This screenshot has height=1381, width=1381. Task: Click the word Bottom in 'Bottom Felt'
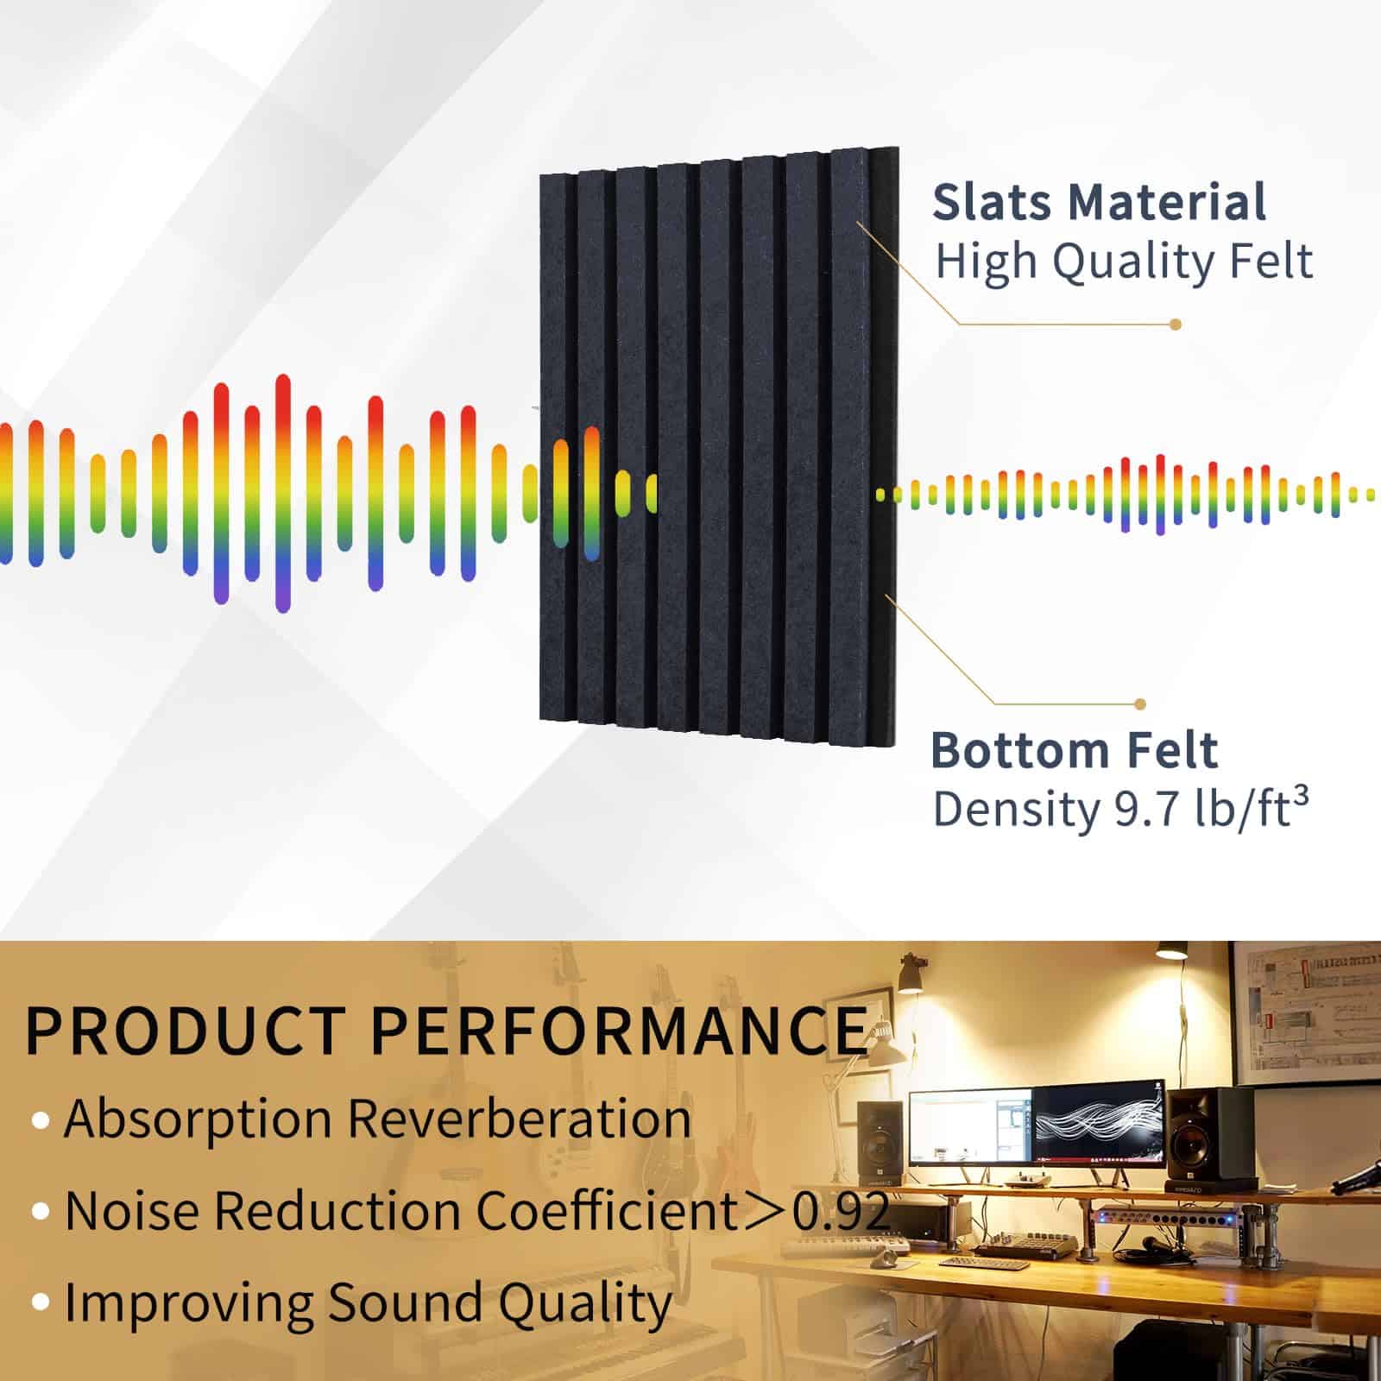[x=1018, y=750]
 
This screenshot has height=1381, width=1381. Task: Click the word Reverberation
[x=519, y=1119]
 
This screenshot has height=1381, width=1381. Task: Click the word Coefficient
[x=605, y=1210]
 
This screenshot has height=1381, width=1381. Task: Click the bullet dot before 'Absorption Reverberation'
[x=41, y=1121]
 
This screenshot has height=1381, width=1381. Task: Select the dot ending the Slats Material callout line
[x=1175, y=325]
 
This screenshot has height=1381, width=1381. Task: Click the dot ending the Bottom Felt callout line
[x=1140, y=704]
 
